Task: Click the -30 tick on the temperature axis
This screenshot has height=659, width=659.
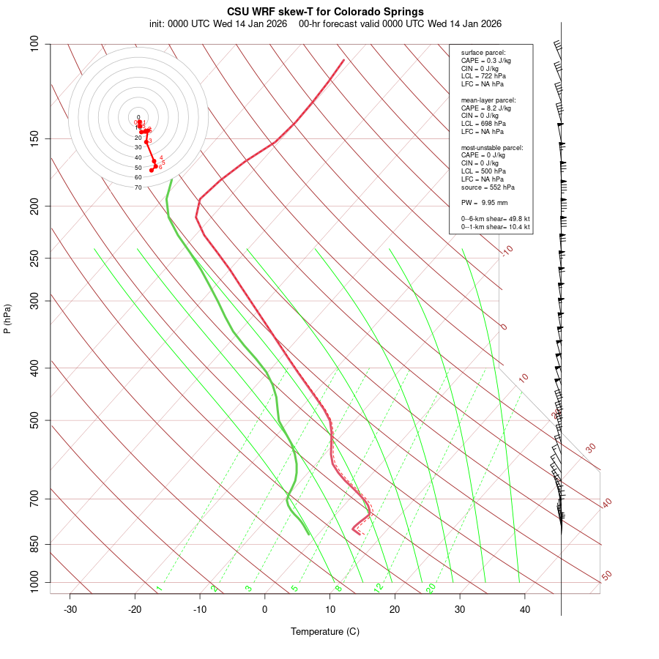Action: pos(70,609)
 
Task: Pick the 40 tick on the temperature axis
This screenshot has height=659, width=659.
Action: pos(525,609)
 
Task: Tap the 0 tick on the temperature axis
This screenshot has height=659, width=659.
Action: pos(265,609)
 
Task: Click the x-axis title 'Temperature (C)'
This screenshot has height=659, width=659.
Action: pos(325,631)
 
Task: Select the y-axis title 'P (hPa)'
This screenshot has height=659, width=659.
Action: pos(7,319)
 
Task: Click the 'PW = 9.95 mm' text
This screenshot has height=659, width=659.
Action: pos(484,202)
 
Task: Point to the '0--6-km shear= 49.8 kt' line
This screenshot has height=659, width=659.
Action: pos(495,218)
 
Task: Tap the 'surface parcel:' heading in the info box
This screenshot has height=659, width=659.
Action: pos(483,53)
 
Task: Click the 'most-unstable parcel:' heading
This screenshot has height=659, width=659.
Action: pos(492,147)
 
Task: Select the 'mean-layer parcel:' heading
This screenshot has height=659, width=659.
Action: pos(488,100)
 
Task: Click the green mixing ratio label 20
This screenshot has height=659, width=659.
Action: pos(431,587)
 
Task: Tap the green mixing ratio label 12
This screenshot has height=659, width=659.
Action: pos(379,587)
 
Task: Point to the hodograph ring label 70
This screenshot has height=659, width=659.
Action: pos(138,187)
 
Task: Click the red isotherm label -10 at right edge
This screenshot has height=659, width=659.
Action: pos(507,250)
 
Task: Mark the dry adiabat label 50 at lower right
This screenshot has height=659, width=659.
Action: pos(606,576)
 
